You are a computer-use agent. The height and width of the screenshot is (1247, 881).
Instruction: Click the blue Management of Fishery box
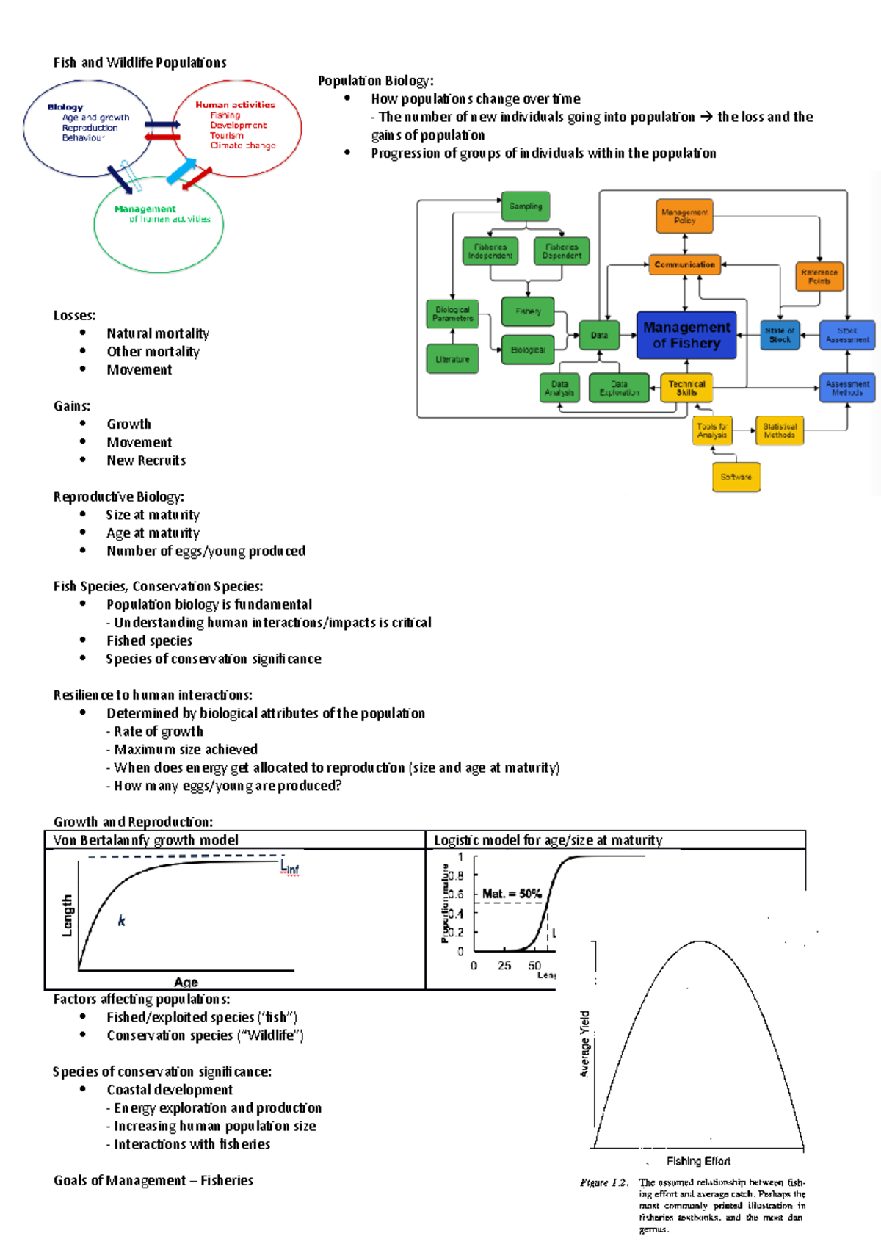click(x=686, y=335)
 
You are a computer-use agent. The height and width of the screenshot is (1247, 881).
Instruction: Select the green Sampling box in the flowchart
click(x=526, y=206)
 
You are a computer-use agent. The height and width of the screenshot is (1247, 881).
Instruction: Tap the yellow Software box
click(x=736, y=477)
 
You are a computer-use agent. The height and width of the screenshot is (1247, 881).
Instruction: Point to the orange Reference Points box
click(x=819, y=277)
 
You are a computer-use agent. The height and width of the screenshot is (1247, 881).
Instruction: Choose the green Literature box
click(x=452, y=359)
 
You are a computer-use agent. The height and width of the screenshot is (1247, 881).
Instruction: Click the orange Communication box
click(x=684, y=264)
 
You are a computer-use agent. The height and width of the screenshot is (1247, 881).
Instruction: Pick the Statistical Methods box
click(x=779, y=430)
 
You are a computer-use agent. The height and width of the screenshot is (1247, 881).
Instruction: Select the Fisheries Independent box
click(x=490, y=251)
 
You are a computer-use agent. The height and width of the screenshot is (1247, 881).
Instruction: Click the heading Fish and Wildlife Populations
click(x=139, y=62)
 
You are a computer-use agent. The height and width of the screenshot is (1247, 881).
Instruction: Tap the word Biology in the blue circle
click(x=65, y=107)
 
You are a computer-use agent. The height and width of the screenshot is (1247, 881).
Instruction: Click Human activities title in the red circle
click(x=235, y=105)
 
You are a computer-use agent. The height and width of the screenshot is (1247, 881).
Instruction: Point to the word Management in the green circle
click(x=145, y=209)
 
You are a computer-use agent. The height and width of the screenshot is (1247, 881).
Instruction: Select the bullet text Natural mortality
click(x=158, y=333)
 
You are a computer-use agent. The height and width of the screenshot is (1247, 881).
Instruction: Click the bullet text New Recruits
click(x=146, y=460)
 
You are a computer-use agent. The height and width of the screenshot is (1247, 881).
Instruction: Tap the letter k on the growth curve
click(x=122, y=921)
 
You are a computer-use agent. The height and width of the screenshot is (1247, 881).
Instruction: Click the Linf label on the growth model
click(x=290, y=868)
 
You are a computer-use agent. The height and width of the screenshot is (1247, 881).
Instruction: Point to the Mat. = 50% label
click(x=512, y=894)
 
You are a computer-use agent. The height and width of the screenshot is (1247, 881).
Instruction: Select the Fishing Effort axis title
click(x=698, y=1161)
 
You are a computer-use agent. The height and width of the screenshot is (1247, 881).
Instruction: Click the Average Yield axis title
click(x=585, y=1044)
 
